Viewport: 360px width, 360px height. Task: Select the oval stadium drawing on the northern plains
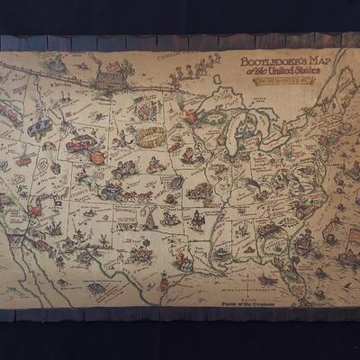coord(148,135)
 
